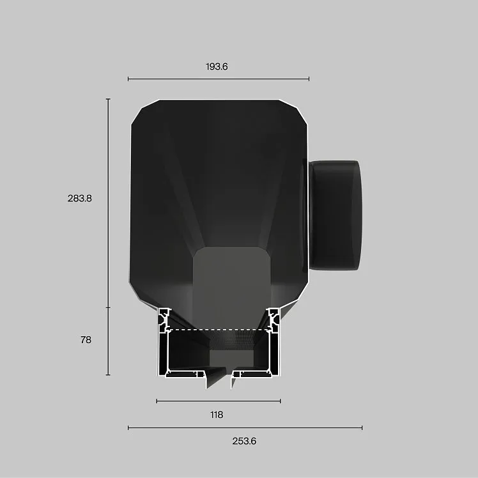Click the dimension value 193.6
coord(217,66)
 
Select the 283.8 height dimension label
coord(80,199)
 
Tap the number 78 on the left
coord(86,339)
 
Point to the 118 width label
coord(217,415)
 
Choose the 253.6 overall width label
coord(244,441)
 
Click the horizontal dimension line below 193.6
coord(219,79)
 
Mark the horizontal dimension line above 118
coord(219,401)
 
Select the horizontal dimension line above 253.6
coord(245,428)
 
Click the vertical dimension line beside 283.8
coord(108,203)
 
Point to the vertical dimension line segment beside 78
coord(108,341)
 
